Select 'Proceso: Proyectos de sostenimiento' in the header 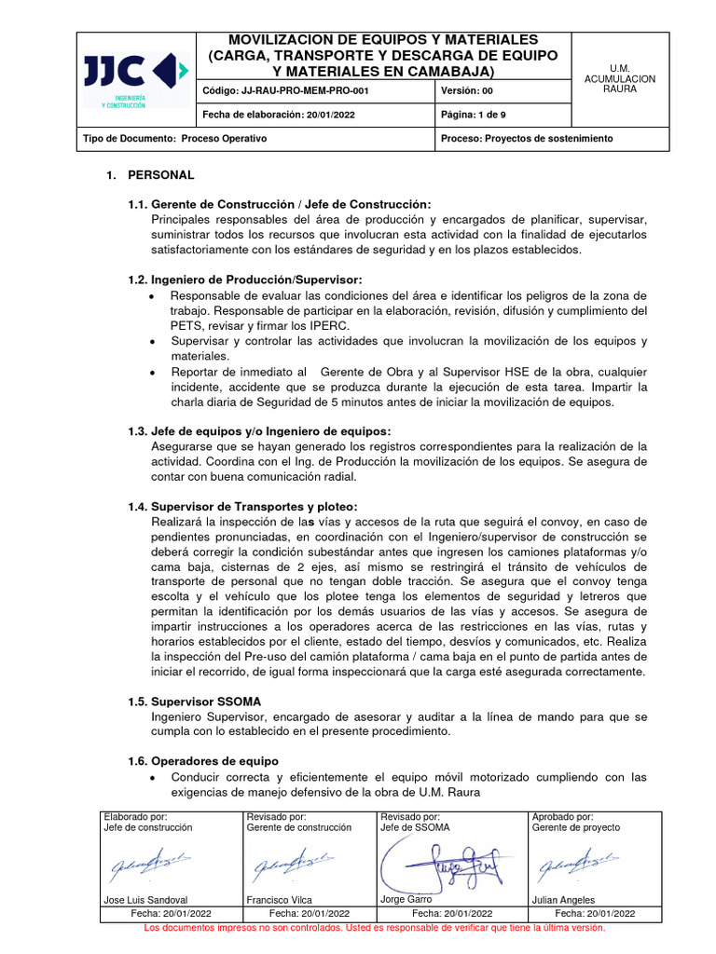pyautogui.click(x=527, y=138)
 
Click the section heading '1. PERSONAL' pyautogui.click(x=151, y=175)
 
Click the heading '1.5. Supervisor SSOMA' pyautogui.click(x=195, y=701)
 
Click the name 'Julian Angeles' pyautogui.click(x=563, y=901)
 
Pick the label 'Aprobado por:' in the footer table pyautogui.click(x=562, y=816)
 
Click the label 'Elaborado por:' pyautogui.click(x=135, y=816)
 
